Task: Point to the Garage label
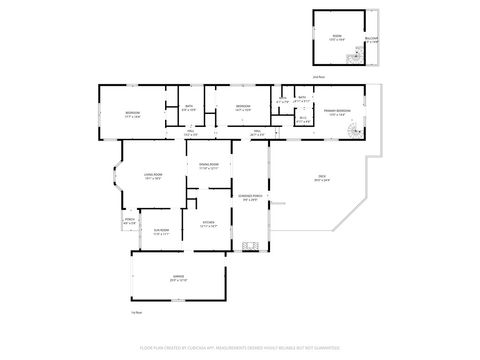coord(178,279)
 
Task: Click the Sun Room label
coord(161,232)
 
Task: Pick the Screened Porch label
coord(249,197)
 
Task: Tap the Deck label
coord(322,178)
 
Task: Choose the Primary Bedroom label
coord(342,113)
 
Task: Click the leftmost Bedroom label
coord(132,114)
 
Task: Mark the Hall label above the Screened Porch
coord(256,132)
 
